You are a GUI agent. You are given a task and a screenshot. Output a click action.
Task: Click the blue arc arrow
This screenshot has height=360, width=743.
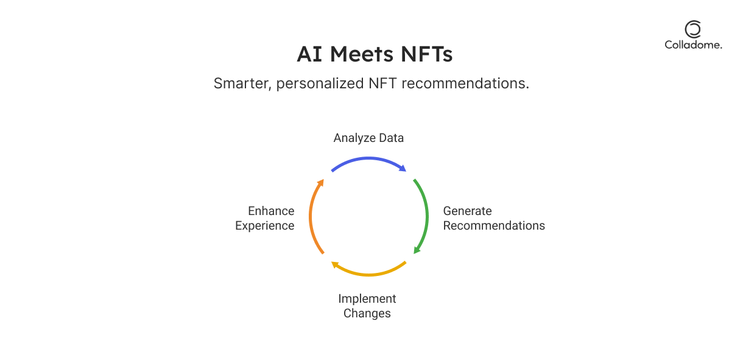(x=368, y=158)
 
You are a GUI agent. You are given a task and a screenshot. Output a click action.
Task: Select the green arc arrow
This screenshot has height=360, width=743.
(x=426, y=216)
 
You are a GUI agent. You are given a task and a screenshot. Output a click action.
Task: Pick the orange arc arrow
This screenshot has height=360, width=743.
(x=311, y=216)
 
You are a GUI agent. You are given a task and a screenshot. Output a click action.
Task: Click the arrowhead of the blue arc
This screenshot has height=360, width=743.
(x=403, y=168)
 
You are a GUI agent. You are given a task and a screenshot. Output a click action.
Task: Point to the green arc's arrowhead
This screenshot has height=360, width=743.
(x=417, y=250)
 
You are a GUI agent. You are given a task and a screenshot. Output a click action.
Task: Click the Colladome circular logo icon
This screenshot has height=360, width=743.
(x=693, y=29)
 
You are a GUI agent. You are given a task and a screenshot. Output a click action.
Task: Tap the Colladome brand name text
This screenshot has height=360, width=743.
(x=693, y=45)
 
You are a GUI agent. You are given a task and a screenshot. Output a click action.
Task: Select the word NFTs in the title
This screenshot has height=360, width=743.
(x=426, y=54)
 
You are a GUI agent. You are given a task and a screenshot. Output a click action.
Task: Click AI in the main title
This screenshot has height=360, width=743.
(x=309, y=54)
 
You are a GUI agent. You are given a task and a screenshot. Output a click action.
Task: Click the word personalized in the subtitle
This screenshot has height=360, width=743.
(x=320, y=84)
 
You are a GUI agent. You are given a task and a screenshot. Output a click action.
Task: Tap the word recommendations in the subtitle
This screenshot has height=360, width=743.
(x=465, y=83)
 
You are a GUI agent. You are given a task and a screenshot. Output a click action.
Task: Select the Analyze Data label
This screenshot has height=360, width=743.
(x=368, y=138)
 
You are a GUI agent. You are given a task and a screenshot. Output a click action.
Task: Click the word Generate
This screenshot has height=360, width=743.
(x=467, y=211)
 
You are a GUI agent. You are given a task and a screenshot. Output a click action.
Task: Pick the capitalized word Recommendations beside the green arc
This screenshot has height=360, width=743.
(x=494, y=225)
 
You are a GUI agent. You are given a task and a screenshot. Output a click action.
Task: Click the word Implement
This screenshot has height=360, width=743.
(x=367, y=299)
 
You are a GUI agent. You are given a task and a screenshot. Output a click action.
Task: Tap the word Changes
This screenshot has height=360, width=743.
(x=367, y=314)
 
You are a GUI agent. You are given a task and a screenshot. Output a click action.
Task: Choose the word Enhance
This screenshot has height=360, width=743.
(x=271, y=211)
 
